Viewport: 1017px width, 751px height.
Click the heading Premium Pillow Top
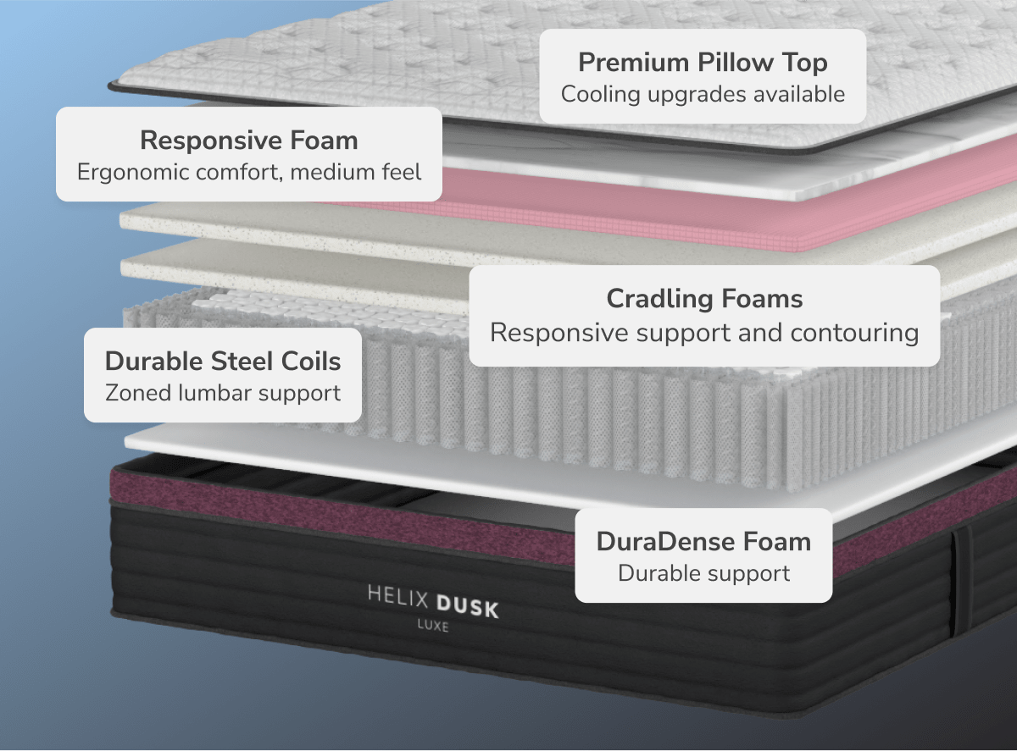tap(703, 63)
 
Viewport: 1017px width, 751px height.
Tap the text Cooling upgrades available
tap(703, 94)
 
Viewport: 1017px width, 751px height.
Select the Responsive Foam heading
tap(249, 140)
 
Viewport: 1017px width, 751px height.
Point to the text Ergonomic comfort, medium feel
tap(249, 172)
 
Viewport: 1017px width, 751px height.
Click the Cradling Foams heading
tap(704, 298)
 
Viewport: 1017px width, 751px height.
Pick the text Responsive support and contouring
tap(704, 332)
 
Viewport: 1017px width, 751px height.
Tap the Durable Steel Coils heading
tap(223, 361)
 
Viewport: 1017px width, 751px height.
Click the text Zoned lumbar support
tap(223, 393)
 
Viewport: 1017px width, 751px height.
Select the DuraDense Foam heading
tap(703, 541)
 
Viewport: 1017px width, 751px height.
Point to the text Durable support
tap(703, 573)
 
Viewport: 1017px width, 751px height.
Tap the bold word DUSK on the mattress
tap(468, 606)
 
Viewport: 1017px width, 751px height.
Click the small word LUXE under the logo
tap(433, 627)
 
